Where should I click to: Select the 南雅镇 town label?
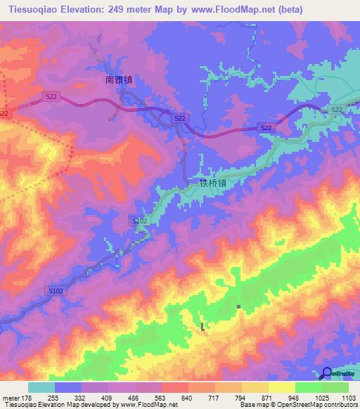(x=119, y=80)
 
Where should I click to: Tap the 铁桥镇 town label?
(x=212, y=184)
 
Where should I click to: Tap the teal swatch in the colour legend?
(x=41, y=388)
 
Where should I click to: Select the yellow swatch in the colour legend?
(x=282, y=388)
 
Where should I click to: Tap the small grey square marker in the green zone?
(x=239, y=306)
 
